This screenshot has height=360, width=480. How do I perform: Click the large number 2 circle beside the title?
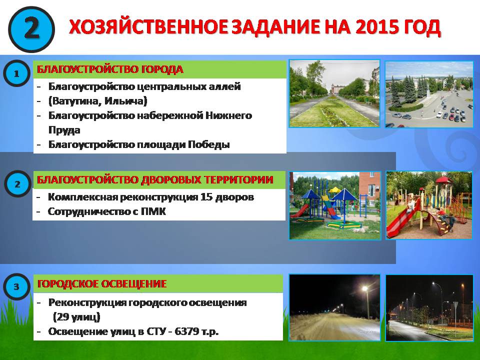[31, 29]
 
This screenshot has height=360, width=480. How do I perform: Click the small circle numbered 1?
[16, 73]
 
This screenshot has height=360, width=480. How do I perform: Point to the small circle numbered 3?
[16, 286]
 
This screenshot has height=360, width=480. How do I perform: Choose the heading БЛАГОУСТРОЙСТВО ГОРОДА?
[110, 69]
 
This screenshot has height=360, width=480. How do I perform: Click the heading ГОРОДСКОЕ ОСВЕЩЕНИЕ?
[101, 284]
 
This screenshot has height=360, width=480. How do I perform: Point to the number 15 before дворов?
[206, 197]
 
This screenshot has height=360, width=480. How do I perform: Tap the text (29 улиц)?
[76, 317]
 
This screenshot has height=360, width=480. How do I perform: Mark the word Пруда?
[64, 130]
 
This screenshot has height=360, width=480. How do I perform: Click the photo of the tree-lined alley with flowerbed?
[334, 93]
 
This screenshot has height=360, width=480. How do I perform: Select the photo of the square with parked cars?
[429, 94]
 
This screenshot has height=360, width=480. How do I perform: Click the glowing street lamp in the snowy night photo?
[364, 288]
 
